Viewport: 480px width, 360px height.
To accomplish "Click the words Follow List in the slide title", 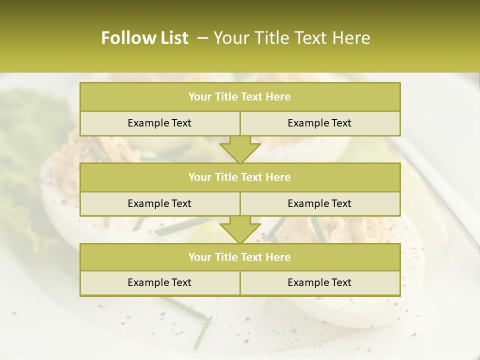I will (144, 38).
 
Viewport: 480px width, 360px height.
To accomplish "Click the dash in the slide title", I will (202, 38).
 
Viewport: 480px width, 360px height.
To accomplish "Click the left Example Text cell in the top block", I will (159, 123).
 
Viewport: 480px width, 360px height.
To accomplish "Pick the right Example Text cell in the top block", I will (319, 123).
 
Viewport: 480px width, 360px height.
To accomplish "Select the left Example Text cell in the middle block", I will (159, 203).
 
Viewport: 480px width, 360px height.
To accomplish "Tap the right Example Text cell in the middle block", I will (319, 203).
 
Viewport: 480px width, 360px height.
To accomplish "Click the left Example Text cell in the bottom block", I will (159, 282).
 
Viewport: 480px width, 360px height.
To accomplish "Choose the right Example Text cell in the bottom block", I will (319, 282).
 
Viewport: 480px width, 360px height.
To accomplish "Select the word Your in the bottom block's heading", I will (199, 257).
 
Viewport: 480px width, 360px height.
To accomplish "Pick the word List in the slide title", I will (171, 38).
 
